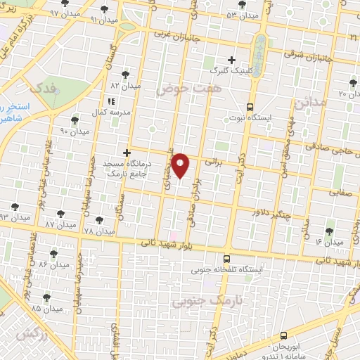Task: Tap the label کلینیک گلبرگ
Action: click(x=231, y=71)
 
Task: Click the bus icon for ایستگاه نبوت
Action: click(x=250, y=107)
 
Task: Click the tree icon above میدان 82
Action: click(x=125, y=74)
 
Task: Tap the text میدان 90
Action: click(x=75, y=131)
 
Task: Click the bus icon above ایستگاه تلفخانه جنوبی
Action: click(x=226, y=259)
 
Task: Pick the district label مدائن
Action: click(x=313, y=103)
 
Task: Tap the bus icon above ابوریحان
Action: click(x=283, y=336)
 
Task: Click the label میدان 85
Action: click(x=46, y=308)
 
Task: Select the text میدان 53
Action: click(x=240, y=14)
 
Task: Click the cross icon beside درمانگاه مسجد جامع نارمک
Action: click(x=127, y=153)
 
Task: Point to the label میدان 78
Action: click(x=98, y=231)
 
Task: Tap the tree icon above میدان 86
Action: click(x=53, y=254)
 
